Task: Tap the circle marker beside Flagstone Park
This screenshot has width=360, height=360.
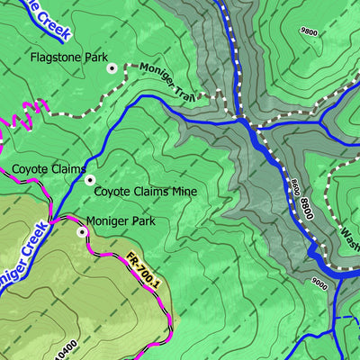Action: [112, 67]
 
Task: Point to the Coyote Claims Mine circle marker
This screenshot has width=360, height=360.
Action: [89, 180]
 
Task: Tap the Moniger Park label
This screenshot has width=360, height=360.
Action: [121, 220]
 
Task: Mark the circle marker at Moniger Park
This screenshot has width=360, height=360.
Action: [82, 231]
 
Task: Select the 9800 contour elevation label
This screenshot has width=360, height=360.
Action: [310, 31]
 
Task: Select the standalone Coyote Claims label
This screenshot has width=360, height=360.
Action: [49, 169]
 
